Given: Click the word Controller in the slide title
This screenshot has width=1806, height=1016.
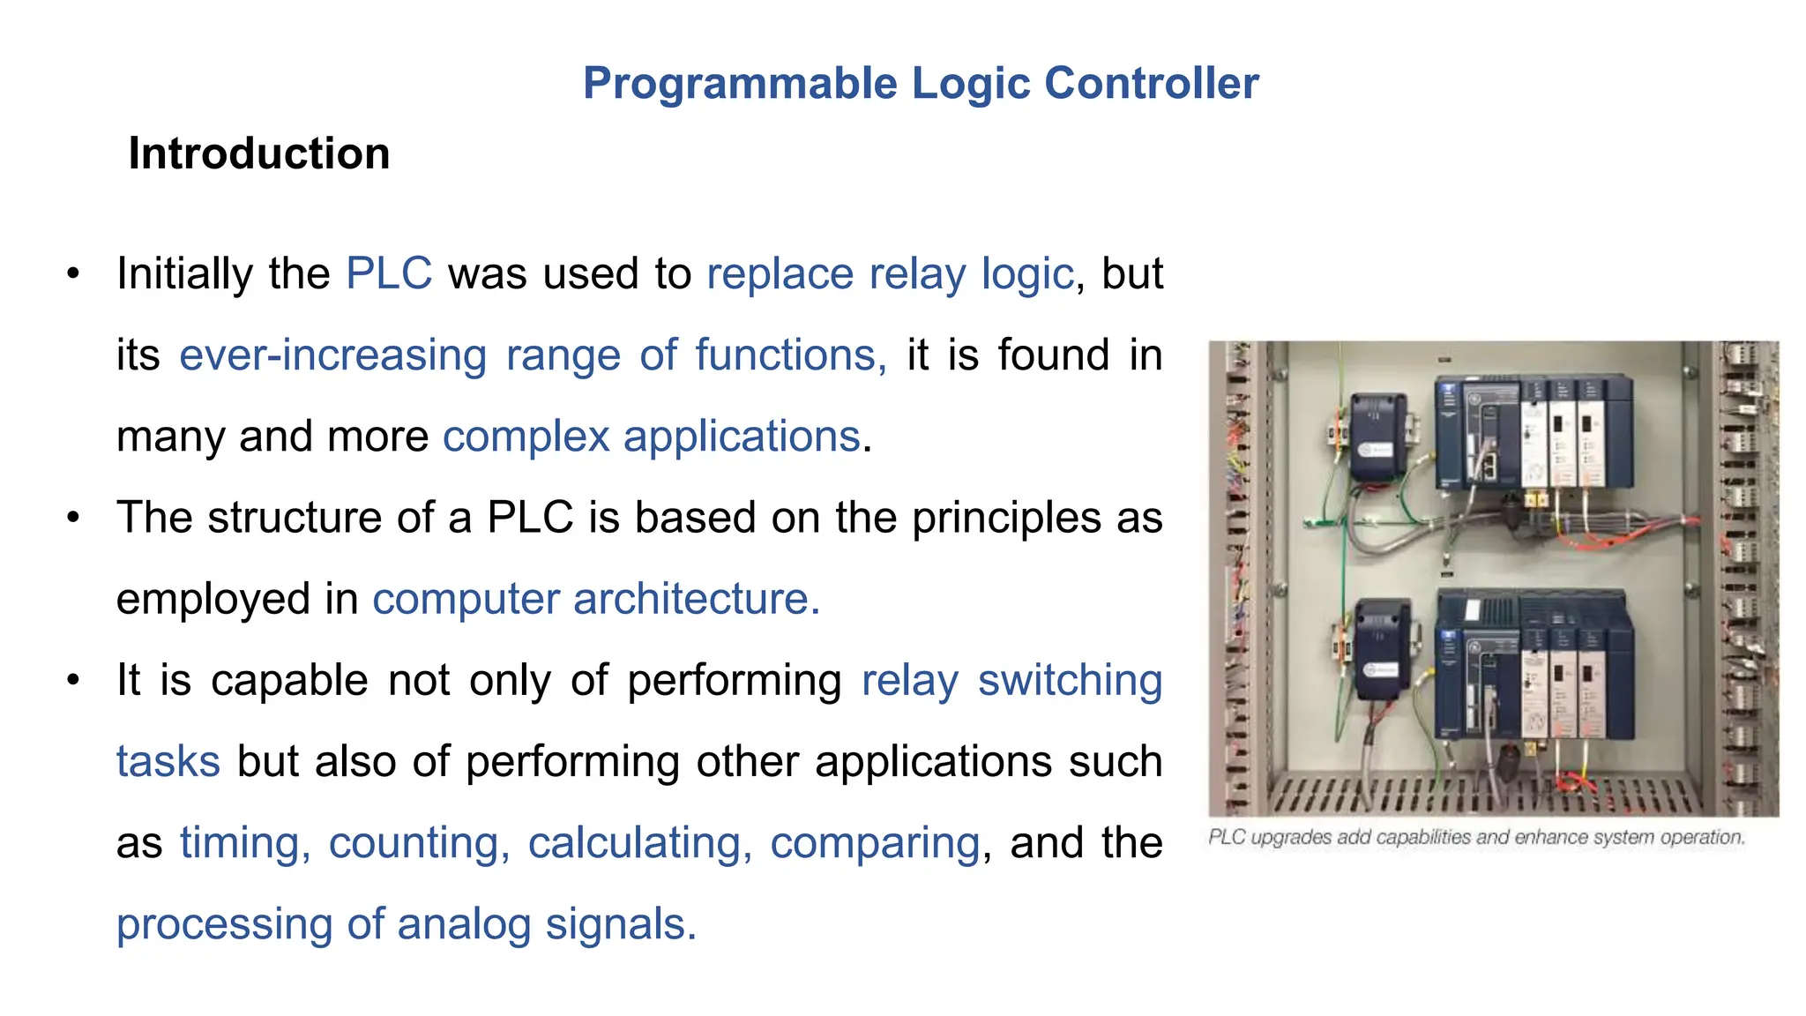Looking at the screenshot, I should [1151, 84].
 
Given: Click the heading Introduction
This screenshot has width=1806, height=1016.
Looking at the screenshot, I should [258, 153].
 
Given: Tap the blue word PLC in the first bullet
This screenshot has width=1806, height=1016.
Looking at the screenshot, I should [389, 273].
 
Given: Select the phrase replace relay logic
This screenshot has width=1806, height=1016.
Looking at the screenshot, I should [890, 273].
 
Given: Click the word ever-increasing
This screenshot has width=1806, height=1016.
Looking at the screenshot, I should [332, 355].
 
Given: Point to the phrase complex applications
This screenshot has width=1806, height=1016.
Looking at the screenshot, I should [651, 437].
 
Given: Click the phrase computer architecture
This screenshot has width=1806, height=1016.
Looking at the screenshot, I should [595, 599].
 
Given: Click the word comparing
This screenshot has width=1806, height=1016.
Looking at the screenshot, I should [874, 842].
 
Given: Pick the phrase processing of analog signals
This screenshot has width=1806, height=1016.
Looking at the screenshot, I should [406, 924].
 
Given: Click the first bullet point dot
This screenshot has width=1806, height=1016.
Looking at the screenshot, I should [74, 273].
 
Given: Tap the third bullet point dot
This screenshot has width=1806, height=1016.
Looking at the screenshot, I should [74, 680].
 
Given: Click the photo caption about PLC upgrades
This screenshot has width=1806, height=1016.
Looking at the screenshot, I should [1476, 837].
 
